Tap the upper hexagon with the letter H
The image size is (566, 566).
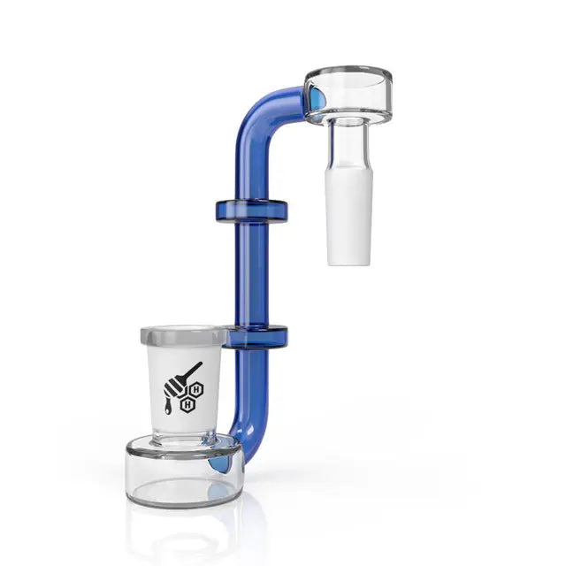tap(196, 388)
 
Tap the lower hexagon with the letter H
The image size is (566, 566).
tap(187, 404)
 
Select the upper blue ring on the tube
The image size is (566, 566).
tap(251, 210)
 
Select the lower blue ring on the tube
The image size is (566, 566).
tap(256, 335)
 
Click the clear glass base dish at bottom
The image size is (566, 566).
tap(182, 473)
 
